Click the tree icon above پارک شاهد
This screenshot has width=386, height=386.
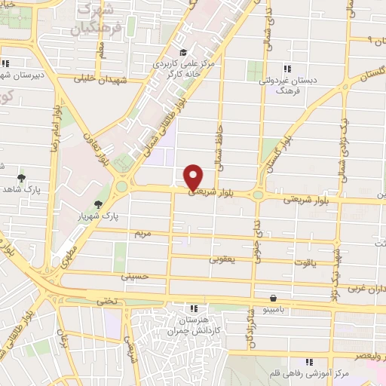pos(21,179)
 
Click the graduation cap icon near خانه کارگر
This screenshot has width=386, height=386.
pos(183,51)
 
